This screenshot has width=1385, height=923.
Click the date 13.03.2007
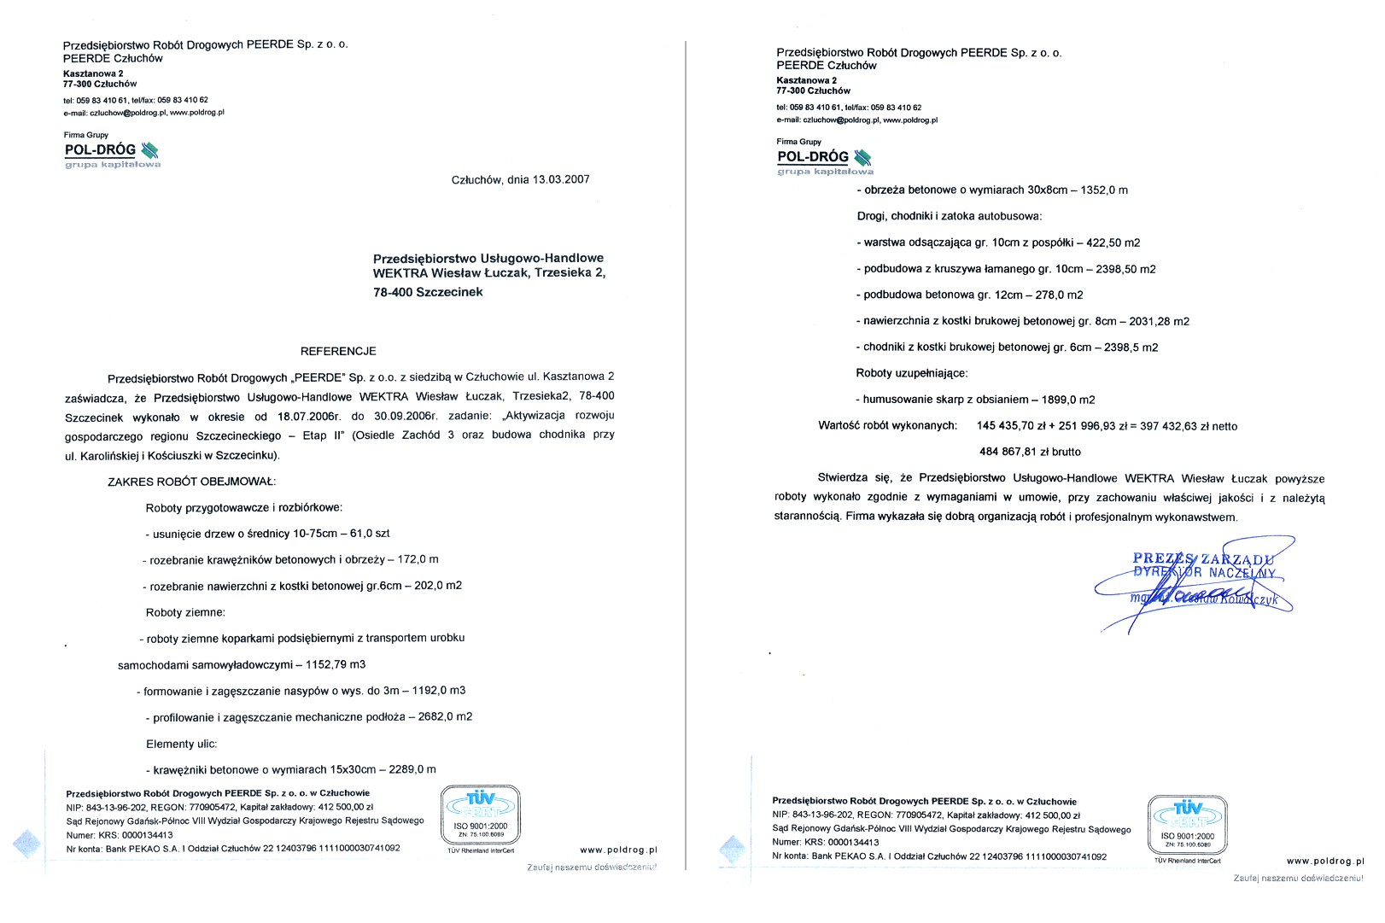561,180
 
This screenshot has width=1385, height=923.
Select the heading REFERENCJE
338,351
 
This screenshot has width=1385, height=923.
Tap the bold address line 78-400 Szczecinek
428,292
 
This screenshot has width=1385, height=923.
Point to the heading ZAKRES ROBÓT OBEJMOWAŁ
191,482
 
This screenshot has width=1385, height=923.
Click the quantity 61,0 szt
370,534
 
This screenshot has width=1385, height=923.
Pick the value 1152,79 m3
336,664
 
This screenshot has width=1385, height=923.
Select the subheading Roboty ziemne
185,612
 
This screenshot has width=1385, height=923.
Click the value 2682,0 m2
445,717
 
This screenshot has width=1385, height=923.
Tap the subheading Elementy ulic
182,744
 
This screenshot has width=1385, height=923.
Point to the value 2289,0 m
412,769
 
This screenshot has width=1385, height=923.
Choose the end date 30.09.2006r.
405,416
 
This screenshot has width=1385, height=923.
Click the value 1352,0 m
1104,190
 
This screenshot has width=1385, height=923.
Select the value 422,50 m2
1113,242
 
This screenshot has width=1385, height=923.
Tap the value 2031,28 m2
1159,321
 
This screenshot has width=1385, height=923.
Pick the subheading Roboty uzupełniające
912,373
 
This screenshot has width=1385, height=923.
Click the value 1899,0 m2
1067,400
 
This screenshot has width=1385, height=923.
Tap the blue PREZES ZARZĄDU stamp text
1203,559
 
